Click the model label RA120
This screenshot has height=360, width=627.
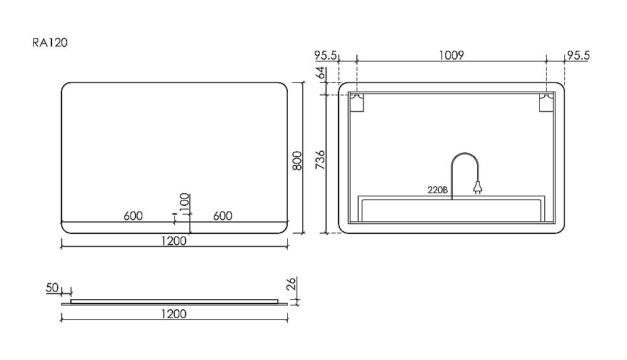(x=50, y=43)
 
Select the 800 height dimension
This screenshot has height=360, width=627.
(x=297, y=161)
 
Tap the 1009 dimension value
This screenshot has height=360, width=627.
(x=451, y=55)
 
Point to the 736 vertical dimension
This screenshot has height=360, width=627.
(x=320, y=159)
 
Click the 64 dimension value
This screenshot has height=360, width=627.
(x=320, y=73)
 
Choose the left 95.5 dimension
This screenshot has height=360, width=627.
(x=325, y=55)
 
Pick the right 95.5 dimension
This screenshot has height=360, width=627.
(x=578, y=55)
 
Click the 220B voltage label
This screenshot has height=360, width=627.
(x=438, y=190)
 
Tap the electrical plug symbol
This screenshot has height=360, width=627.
(x=477, y=188)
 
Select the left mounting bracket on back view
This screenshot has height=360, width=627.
(x=357, y=103)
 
